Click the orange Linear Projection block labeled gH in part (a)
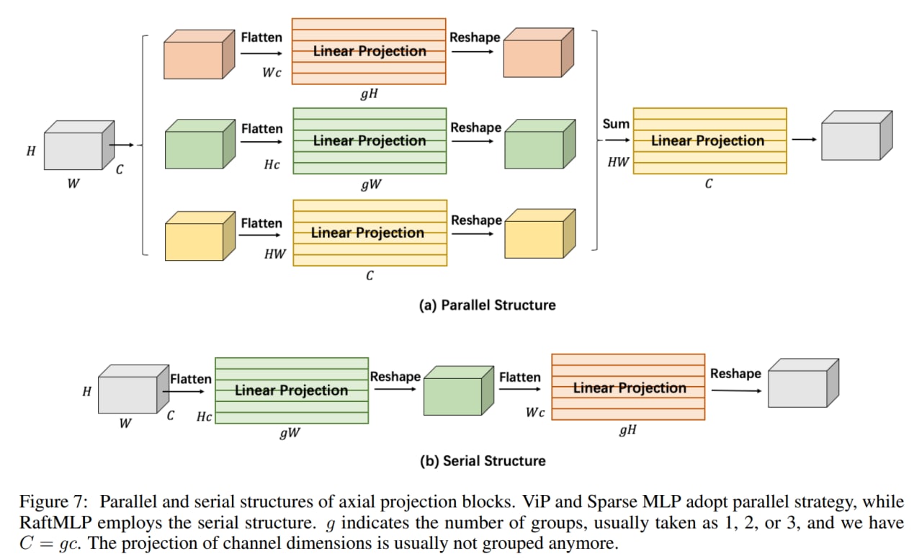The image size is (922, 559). pyautogui.click(x=369, y=51)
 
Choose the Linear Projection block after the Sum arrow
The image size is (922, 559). pyautogui.click(x=709, y=141)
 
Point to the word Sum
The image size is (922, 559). pyautogui.click(x=616, y=124)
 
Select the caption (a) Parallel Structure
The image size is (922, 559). pyautogui.click(x=488, y=305)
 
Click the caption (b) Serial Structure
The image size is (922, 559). pyautogui.click(x=483, y=460)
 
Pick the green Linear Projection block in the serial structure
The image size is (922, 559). pyautogui.click(x=292, y=390)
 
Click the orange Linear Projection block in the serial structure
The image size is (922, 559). pyautogui.click(x=628, y=388)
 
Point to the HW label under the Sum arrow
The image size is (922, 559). pyautogui.click(x=617, y=162)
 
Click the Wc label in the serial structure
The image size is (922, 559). pyautogui.click(x=535, y=413)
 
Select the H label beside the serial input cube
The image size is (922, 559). pyautogui.click(x=87, y=392)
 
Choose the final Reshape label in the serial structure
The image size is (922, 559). pyautogui.click(x=735, y=373)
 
